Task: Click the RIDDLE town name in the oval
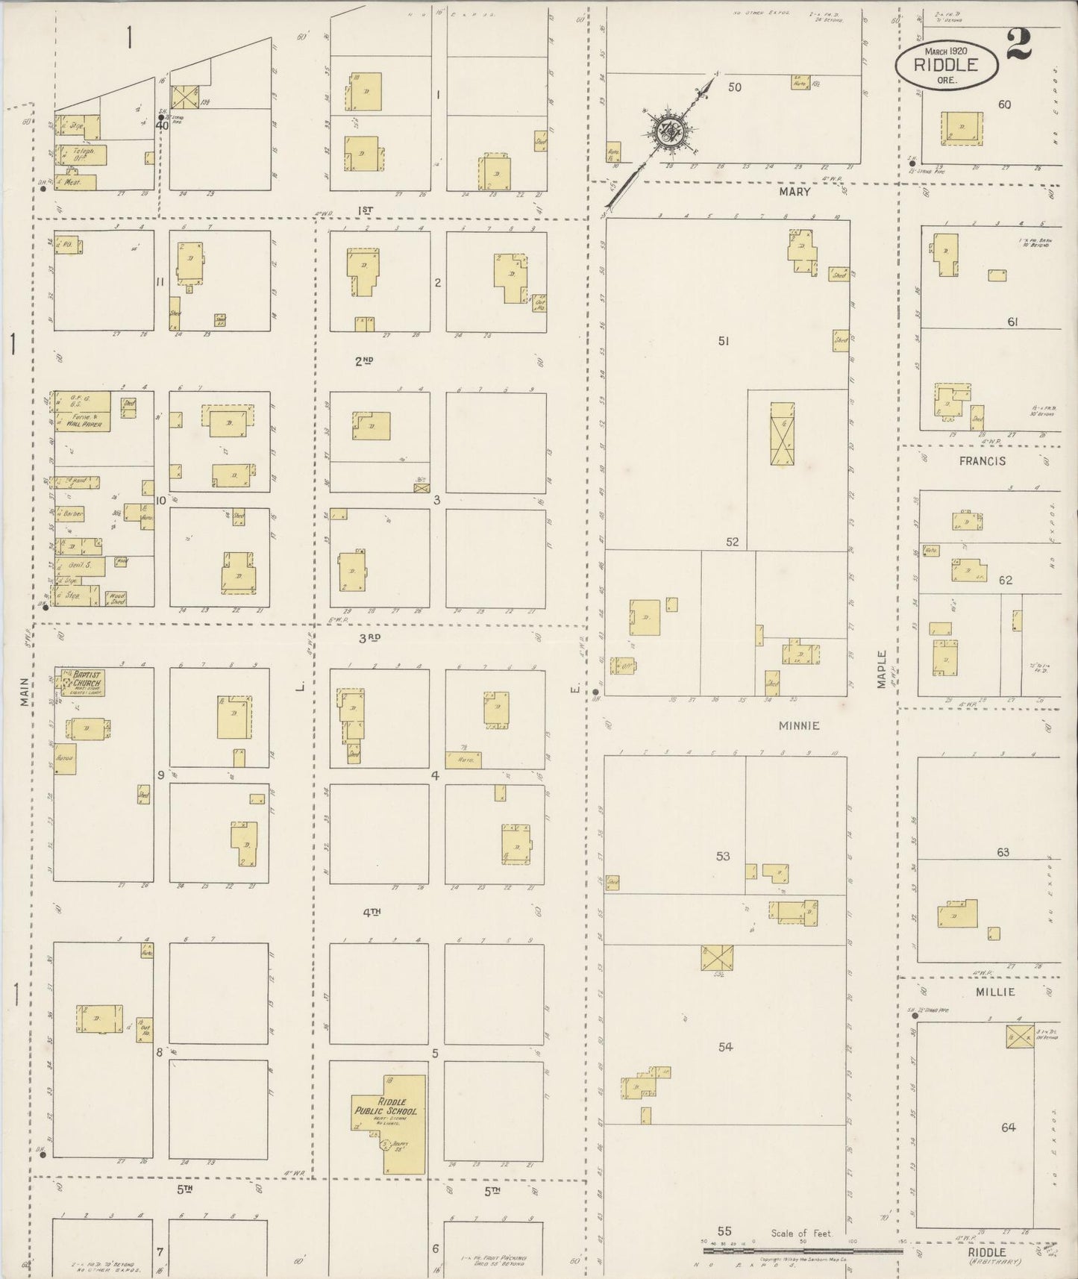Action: click(946, 65)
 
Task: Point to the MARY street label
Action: click(794, 192)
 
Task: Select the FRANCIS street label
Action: click(983, 461)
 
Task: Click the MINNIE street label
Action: click(799, 725)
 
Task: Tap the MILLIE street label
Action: click(996, 992)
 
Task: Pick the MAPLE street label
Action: click(881, 669)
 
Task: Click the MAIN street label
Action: click(24, 691)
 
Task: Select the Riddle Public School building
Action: click(388, 1114)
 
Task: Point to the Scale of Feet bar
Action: click(802, 1249)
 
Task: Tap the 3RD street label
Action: click(369, 637)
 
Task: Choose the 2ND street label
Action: click(363, 361)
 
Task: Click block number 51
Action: click(723, 341)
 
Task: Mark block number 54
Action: click(725, 1047)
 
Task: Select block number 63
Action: click(1002, 851)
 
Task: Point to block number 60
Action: click(1004, 104)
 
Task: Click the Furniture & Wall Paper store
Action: click(82, 421)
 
